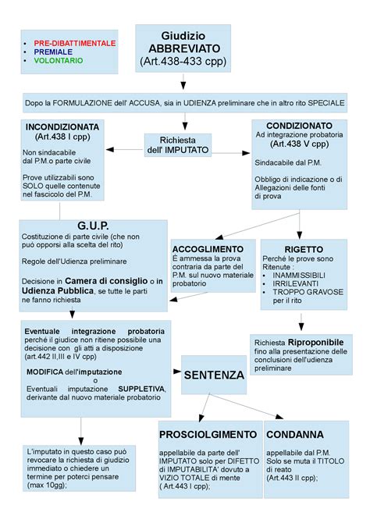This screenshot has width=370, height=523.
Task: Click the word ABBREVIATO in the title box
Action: tap(183, 48)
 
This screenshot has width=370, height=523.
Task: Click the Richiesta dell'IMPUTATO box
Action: tap(178, 144)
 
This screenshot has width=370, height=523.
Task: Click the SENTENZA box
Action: tap(214, 375)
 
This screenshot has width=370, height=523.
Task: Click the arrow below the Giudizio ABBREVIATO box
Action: tap(183, 83)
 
